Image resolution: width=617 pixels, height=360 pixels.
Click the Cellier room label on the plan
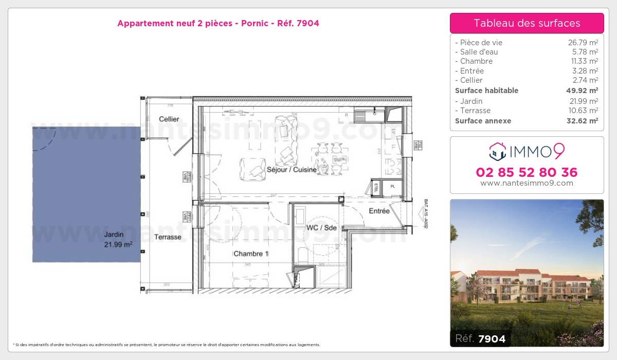click(x=169, y=119)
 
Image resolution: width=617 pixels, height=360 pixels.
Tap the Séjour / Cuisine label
click(x=292, y=170)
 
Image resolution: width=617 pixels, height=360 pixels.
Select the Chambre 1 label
click(x=251, y=254)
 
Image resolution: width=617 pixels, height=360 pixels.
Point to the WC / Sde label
click(x=321, y=227)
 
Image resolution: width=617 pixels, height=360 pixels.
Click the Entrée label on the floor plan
click(x=379, y=211)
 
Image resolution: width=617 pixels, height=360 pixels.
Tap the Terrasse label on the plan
click(x=168, y=237)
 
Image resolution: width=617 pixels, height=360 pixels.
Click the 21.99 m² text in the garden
click(x=118, y=245)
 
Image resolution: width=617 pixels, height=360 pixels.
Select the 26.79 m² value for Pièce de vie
click(x=583, y=43)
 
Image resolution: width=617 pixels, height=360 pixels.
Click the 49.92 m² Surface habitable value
click(x=582, y=91)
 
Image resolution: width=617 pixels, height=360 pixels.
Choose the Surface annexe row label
click(x=483, y=121)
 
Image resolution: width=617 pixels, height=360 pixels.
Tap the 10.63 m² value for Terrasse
click(x=583, y=111)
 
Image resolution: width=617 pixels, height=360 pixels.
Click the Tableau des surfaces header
click(x=527, y=23)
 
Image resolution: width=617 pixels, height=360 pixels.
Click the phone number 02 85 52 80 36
click(x=527, y=172)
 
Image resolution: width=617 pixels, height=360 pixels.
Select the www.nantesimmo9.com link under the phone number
click(x=527, y=183)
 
